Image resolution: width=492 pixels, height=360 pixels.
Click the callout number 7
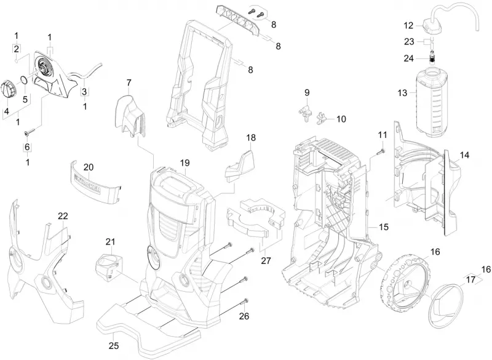[129, 83]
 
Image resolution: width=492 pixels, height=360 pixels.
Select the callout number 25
[114, 346]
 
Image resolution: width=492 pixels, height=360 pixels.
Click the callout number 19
[185, 163]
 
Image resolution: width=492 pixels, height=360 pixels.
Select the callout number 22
[63, 216]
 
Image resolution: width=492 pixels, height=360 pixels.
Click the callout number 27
[266, 261]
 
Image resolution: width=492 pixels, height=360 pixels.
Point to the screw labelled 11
[380, 152]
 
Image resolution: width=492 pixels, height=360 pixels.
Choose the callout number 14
[464, 155]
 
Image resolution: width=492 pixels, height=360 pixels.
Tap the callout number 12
[408, 25]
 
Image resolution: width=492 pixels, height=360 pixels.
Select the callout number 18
[251, 137]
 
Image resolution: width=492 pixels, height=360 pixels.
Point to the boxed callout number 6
[27, 147]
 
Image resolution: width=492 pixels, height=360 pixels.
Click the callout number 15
[383, 227]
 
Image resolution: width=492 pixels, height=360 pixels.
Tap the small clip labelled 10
[322, 119]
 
